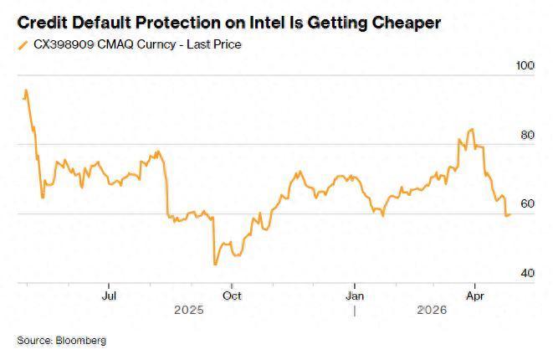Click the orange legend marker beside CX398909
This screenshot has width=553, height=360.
point(22,44)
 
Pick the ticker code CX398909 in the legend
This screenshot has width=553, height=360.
point(62,44)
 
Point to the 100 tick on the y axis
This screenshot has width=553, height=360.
point(525,66)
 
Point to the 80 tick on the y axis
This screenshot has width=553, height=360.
point(525,136)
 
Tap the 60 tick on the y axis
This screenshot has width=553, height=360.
point(525,204)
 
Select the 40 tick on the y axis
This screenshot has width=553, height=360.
point(525,274)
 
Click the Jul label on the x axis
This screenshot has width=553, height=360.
point(108,296)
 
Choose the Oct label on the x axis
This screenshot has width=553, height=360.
point(232,296)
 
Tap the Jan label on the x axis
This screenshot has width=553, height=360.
point(355,296)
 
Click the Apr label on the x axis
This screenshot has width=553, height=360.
point(475,296)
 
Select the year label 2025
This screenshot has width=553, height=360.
point(188,310)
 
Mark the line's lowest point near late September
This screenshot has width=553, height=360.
point(214,265)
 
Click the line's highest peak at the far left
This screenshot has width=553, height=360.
point(26,90)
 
